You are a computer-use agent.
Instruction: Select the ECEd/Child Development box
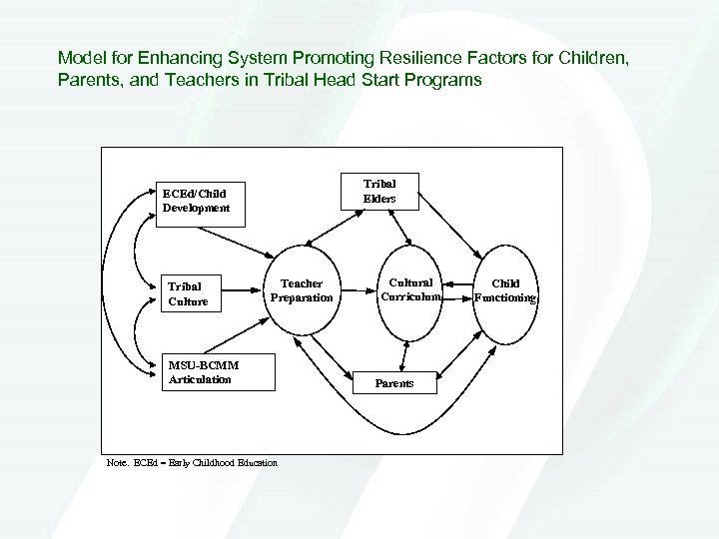coord(200,202)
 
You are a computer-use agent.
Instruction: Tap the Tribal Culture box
coord(200,291)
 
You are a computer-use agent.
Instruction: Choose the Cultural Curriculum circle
coord(410,289)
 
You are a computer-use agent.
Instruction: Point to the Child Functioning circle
coord(505,289)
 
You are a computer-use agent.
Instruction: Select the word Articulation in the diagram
coord(200,379)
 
